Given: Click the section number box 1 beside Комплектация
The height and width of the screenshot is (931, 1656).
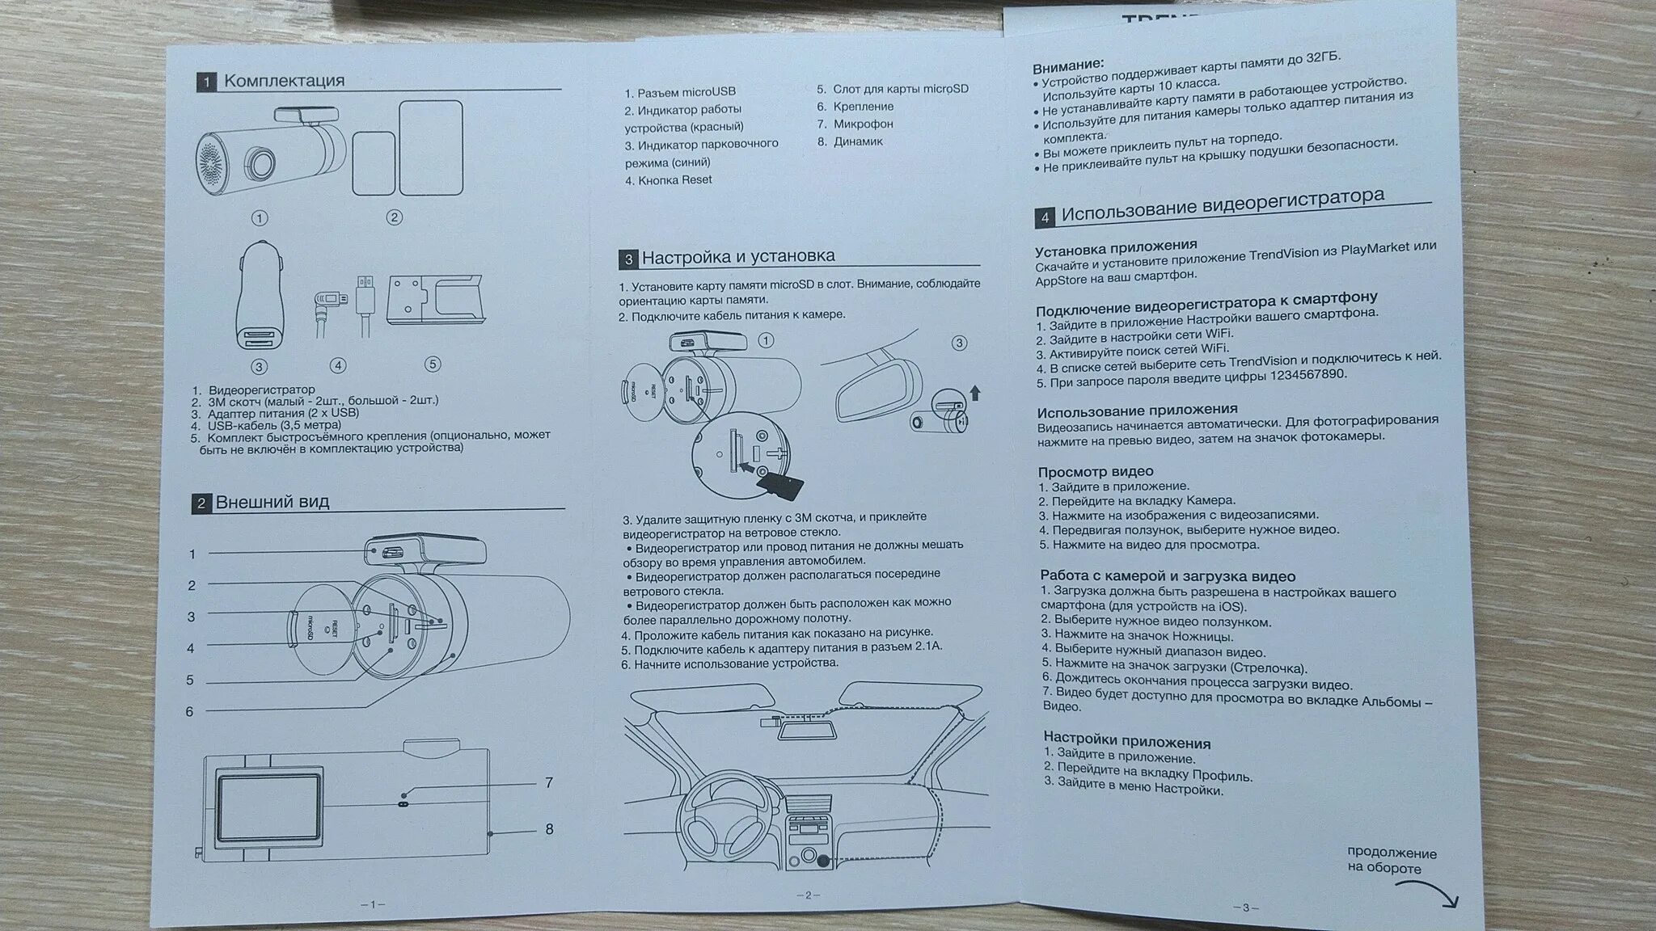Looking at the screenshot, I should point(207,82).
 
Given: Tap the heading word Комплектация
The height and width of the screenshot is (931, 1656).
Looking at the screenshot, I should point(284,80).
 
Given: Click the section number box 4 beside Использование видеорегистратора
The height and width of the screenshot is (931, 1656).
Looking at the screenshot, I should point(1045,217).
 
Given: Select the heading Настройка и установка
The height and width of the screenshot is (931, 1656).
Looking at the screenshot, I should point(737,257).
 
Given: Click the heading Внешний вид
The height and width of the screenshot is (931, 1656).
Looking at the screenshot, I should point(272,502).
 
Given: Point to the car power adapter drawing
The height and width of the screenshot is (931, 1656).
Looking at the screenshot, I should point(260,294).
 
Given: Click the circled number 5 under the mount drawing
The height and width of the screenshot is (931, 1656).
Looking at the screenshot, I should point(433,364).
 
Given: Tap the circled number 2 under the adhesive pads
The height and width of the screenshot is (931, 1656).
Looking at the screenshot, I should point(394,217).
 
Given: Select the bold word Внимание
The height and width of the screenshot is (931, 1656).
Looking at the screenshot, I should point(1068,65).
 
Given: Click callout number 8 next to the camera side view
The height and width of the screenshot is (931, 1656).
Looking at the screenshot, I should point(549,829).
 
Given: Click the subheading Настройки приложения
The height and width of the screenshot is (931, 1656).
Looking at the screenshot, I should point(1126,741).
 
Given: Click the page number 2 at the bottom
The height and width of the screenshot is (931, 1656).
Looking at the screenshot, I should point(807,895).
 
